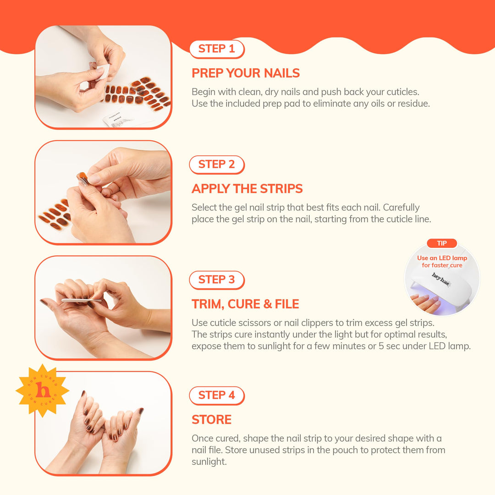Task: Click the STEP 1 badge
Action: pos(217,49)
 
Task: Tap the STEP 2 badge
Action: pos(217,165)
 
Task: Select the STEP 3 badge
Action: pos(217,280)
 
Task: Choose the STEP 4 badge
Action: pos(217,396)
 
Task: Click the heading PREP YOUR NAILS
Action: pos(246,73)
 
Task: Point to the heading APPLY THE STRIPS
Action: pos(247,189)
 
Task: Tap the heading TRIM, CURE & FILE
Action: pos(245,304)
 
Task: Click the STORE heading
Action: pos(211,420)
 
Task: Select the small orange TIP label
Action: pos(441,243)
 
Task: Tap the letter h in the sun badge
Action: pos(43,390)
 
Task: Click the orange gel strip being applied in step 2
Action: pos(82,177)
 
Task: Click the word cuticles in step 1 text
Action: pos(397,92)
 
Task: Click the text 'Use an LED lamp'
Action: pos(442,258)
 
